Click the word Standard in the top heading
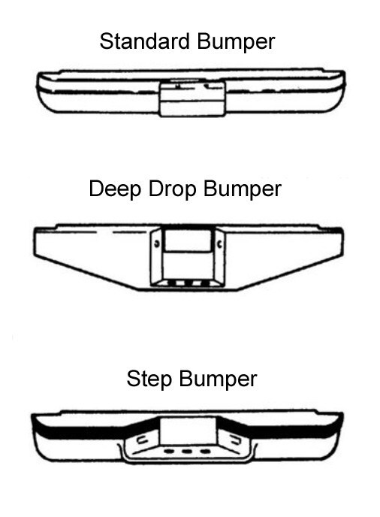[145, 41]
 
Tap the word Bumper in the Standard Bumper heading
[236, 43]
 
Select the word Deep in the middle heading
[115, 189]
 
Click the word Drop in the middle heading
[173, 189]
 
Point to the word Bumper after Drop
[243, 189]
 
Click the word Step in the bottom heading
[149, 379]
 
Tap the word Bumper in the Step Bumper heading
[218, 379]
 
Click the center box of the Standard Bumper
[192, 98]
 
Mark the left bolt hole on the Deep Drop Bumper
[157, 244]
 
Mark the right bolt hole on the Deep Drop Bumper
[219, 244]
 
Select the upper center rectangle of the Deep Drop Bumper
[188, 240]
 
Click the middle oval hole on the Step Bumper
[187, 451]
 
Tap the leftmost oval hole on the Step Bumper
[169, 451]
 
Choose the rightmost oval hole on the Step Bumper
[205, 451]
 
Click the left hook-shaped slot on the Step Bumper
[143, 439]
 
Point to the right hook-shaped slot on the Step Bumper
[235, 439]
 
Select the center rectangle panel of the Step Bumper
[188, 431]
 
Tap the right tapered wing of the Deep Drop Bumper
[283, 252]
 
